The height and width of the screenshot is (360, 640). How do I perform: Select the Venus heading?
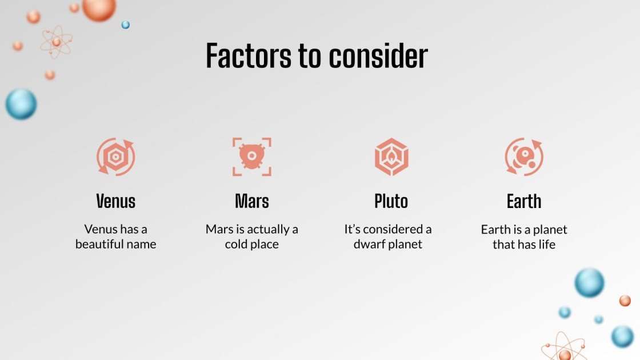[x=116, y=201]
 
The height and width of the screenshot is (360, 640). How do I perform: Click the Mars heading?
[x=252, y=201]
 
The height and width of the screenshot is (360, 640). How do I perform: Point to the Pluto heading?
[x=391, y=201]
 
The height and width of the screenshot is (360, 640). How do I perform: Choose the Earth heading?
[x=524, y=201]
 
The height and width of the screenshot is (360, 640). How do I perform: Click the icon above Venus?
[x=116, y=157]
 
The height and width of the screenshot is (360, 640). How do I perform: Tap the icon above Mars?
[x=252, y=157]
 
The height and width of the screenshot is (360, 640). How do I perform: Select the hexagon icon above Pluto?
[x=391, y=157]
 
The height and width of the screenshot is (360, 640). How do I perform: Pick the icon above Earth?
[x=524, y=157]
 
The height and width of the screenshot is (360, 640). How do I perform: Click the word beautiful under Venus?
[x=102, y=245]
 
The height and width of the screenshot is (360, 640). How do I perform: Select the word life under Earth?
[x=546, y=245]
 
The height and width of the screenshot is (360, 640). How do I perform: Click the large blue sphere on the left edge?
[x=21, y=105]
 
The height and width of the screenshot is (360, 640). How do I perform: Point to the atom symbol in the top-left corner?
[x=56, y=42]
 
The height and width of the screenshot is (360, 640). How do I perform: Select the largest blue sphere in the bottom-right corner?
[x=589, y=283]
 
